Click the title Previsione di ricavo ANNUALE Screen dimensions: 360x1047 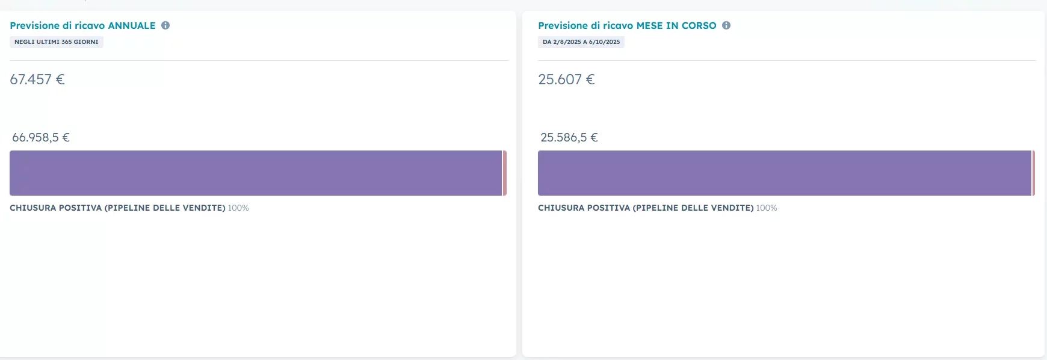coord(82,25)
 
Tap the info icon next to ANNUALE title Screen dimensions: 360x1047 coord(165,25)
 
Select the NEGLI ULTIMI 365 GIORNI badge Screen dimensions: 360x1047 coord(57,42)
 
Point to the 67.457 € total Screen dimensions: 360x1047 coord(37,79)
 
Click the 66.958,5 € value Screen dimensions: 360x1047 coord(41,137)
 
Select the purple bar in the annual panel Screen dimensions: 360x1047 coord(256,173)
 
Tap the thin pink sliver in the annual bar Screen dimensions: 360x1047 coord(505,173)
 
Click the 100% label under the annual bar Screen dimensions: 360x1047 coord(238,208)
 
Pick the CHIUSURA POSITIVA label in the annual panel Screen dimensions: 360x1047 coord(117,208)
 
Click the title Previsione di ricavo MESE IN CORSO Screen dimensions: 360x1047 coord(627,25)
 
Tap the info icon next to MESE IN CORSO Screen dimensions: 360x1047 coord(726,25)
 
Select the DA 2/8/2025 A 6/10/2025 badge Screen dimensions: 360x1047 coord(581,42)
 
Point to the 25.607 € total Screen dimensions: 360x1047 coord(566,79)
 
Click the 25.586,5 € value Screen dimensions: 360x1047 coord(569,137)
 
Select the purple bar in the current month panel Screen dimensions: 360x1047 coord(785,173)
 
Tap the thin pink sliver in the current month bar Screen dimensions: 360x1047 coord(1033,173)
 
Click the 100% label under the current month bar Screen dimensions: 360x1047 coord(767,208)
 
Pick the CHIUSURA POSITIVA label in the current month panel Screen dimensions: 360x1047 coord(646,208)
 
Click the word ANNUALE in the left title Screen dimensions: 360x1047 coord(132,25)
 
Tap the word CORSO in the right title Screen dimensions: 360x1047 coord(699,25)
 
